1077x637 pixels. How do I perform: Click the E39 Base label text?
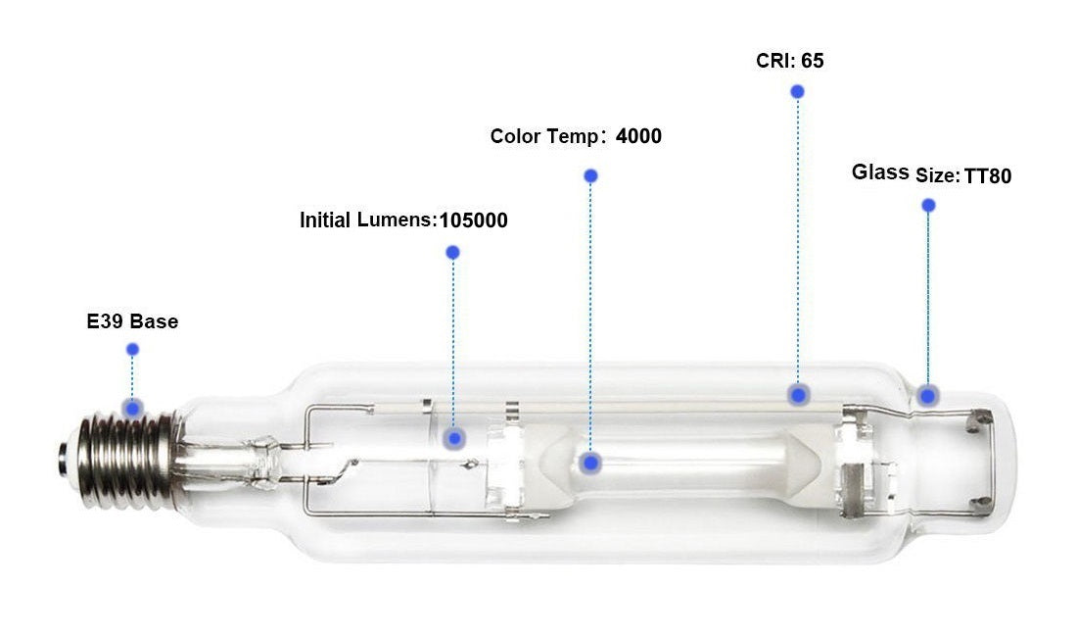pos(132,321)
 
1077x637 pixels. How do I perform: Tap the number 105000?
pos(473,220)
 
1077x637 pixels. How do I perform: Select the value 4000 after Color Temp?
pos(638,136)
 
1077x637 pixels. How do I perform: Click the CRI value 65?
pos(813,61)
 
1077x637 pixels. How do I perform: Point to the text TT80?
pos(988,176)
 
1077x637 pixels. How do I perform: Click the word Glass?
pos(880,171)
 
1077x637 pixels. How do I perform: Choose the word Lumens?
pos(396,220)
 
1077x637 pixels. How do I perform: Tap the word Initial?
pos(325,220)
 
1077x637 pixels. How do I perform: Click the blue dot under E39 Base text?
pos(132,350)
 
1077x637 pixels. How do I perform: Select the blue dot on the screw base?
pos(133,409)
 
